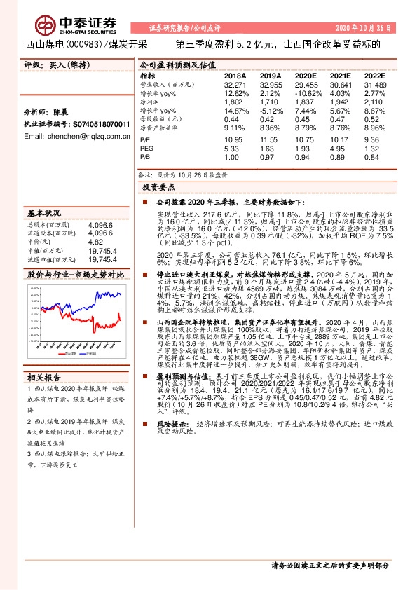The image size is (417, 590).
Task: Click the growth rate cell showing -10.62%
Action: pos(306,92)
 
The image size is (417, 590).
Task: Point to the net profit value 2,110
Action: pos(375,102)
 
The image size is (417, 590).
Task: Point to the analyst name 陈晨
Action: pos(63,112)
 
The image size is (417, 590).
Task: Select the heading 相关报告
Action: pos(42,376)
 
